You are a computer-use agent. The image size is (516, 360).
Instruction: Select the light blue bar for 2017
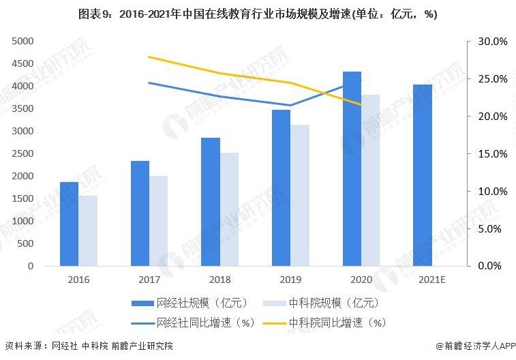(158, 221)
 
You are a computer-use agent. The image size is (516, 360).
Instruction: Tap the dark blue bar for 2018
(211, 202)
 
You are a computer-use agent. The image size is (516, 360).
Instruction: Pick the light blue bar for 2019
(300, 195)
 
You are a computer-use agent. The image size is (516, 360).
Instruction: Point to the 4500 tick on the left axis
(22, 63)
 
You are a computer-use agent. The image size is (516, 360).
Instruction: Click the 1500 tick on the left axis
(22, 198)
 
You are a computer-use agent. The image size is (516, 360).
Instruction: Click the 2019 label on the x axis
(290, 280)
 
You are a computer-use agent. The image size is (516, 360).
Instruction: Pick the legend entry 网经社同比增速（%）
(192, 322)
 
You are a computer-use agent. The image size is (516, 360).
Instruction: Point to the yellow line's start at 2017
(149, 57)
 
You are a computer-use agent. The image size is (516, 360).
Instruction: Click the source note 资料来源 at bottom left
(89, 346)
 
